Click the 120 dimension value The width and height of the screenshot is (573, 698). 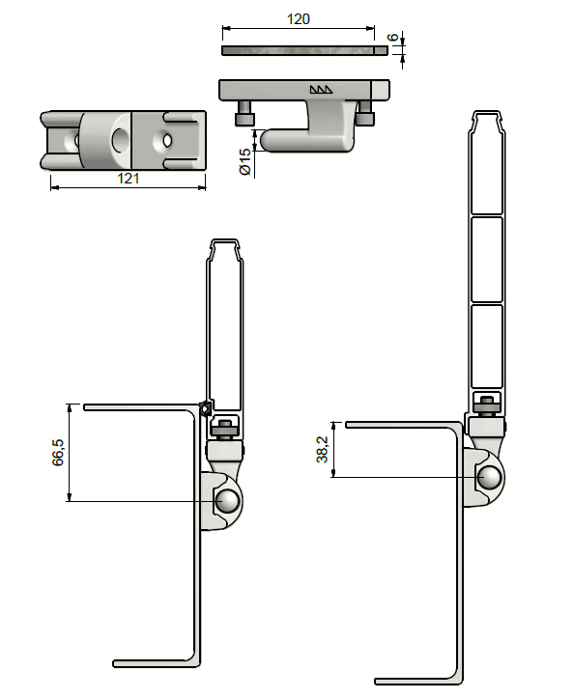tap(298, 19)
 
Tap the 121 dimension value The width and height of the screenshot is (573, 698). tap(128, 179)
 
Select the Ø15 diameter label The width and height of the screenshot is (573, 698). tap(245, 161)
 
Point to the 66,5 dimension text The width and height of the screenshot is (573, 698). tap(58, 452)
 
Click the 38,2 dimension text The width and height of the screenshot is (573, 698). tap(322, 449)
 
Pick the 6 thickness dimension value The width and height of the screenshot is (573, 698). tap(392, 38)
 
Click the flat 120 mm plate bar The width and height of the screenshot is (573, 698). tap(304, 50)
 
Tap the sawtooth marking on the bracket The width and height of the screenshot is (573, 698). tap(321, 90)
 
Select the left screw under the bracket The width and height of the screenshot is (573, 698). tap(244, 114)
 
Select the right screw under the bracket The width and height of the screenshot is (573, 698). tap(365, 113)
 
